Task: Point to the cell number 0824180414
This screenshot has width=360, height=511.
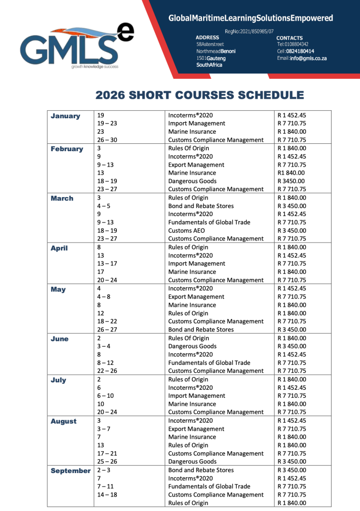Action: [x=300, y=51]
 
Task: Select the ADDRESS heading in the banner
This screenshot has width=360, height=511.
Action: [x=207, y=37]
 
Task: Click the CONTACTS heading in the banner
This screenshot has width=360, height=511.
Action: [x=290, y=38]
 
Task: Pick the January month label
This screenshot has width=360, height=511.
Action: [x=65, y=116]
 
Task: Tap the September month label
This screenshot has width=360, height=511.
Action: [x=70, y=471]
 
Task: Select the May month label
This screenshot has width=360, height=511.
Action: [x=58, y=289]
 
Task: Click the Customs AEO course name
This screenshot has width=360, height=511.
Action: [x=187, y=231]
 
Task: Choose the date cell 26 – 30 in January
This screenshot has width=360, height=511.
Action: [x=107, y=140]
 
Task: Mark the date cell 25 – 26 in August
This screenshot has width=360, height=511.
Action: [x=107, y=462]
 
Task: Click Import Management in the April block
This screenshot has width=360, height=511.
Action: [x=197, y=263]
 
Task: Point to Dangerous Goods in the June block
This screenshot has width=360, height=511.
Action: [x=192, y=346]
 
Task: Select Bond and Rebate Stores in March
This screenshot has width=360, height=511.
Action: [x=201, y=206]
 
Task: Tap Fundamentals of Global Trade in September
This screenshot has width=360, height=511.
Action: [x=209, y=487]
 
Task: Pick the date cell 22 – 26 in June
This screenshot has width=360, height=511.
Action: [x=107, y=371]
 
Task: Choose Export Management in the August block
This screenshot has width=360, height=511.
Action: [x=196, y=429]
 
